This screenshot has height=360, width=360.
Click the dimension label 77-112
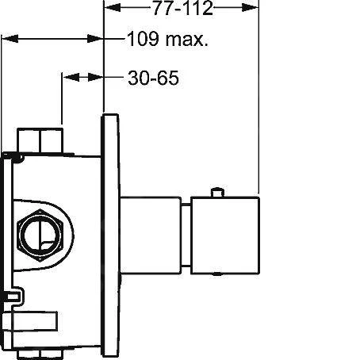(183, 8)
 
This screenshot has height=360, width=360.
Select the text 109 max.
(167, 39)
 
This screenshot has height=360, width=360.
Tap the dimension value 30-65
(153, 78)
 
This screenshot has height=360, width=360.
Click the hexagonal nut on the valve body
(40, 235)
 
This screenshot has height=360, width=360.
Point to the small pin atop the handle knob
(218, 192)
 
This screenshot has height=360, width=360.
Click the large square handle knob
(225, 236)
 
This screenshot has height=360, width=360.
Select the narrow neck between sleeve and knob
(186, 235)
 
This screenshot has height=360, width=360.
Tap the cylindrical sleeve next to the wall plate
(151, 235)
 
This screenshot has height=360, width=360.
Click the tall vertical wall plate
(110, 236)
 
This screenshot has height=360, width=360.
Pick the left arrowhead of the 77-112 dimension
(113, 8)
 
